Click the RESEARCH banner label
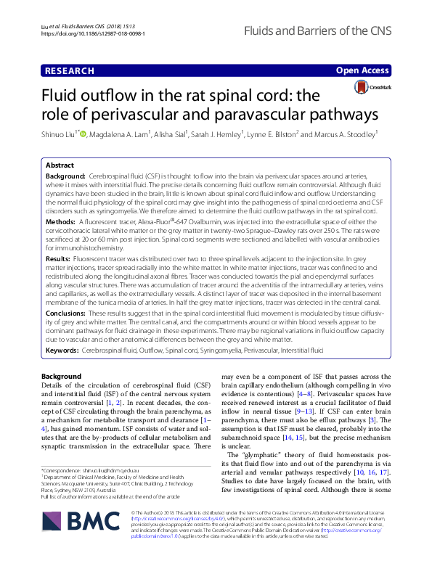coord(69,70)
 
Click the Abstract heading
coord(60,165)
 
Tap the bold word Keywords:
coord(62,350)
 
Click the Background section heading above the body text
coord(62,377)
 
